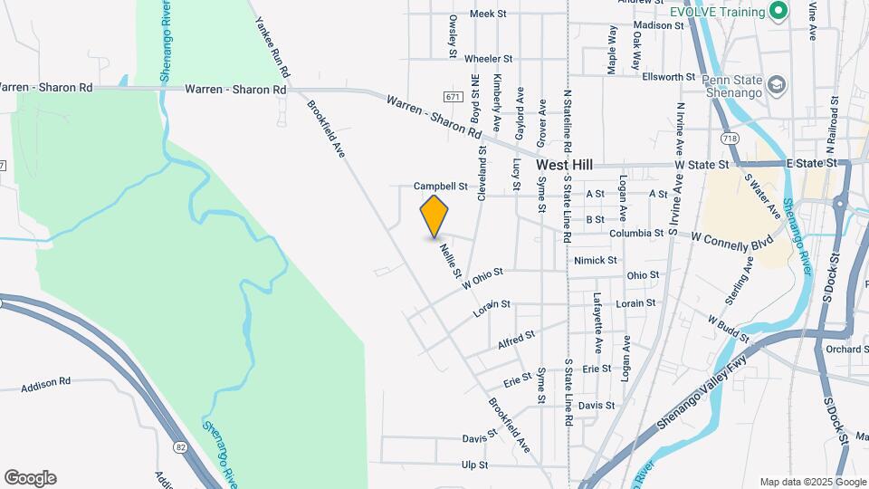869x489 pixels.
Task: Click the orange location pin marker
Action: [434, 216]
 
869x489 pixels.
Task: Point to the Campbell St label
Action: [439, 187]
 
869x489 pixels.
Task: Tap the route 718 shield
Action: [730, 139]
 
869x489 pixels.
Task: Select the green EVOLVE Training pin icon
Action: [777, 11]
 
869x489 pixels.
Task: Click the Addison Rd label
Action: [45, 383]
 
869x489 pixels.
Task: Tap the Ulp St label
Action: [474, 465]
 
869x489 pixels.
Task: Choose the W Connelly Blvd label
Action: [732, 241]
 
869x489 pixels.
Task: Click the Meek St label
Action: [487, 14]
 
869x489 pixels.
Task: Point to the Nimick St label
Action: [595, 260]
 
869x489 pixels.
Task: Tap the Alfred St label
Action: [517, 340]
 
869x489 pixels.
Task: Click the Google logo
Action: [30, 478]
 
